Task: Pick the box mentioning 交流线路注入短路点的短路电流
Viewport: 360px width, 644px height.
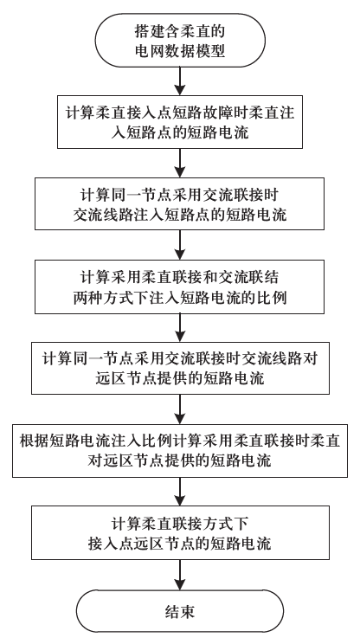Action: pyautogui.click(x=179, y=201)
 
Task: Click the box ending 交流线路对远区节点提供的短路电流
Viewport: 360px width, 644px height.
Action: pyautogui.click(x=179, y=367)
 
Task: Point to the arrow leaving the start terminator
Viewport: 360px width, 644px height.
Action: pyautogui.click(x=179, y=81)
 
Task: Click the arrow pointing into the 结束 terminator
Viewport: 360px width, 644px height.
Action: pyautogui.click(x=179, y=575)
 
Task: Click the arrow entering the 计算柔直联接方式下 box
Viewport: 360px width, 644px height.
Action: pyautogui.click(x=179, y=492)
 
